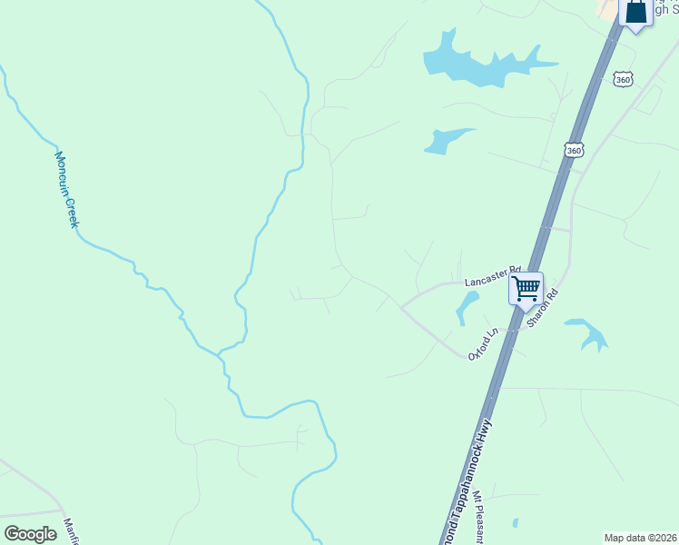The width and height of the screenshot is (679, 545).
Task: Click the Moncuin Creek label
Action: click(65, 189)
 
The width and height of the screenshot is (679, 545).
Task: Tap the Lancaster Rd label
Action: click(491, 276)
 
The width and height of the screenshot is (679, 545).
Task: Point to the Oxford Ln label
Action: click(484, 344)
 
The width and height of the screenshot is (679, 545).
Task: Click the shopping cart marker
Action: click(526, 290)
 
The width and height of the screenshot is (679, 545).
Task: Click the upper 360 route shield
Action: click(622, 80)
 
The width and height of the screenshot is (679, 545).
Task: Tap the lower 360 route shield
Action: click(572, 149)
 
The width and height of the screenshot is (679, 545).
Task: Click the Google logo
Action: click(30, 534)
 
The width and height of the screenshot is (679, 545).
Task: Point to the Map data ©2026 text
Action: click(640, 538)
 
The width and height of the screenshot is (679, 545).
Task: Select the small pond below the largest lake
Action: click(443, 140)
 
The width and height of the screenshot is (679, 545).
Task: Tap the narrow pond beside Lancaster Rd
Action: click(466, 307)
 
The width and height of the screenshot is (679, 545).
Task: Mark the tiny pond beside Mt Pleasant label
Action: click(515, 523)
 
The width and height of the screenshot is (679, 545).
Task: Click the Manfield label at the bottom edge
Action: click(71, 530)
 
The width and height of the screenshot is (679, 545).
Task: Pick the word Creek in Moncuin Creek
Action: click(71, 210)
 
